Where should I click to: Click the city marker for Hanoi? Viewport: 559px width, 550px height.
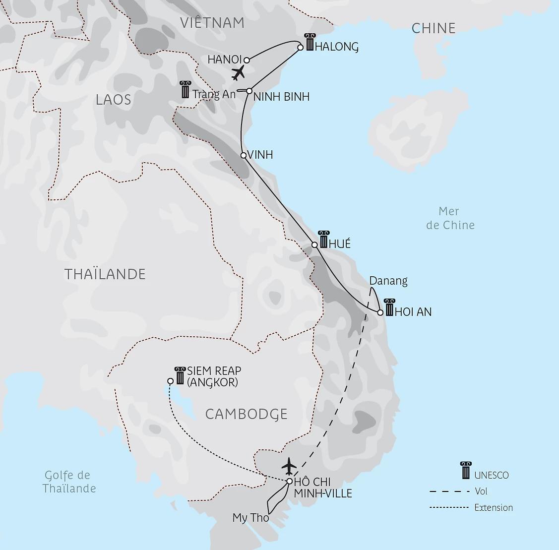click(x=247, y=61)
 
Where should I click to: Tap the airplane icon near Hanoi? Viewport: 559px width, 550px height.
click(x=239, y=73)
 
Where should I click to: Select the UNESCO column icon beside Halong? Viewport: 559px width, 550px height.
click(x=310, y=43)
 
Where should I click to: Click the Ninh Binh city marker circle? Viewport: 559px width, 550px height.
click(x=249, y=91)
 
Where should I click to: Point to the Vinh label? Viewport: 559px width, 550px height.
click(x=260, y=155)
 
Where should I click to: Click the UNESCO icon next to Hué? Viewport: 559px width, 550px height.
click(x=323, y=239)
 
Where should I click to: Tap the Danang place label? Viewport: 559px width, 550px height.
click(x=388, y=281)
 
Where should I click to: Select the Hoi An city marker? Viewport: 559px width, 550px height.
click(x=380, y=312)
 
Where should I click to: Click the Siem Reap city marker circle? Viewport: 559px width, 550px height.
click(x=170, y=381)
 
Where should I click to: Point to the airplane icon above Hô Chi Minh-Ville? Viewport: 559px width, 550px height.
click(x=289, y=466)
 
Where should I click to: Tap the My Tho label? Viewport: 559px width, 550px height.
click(x=250, y=518)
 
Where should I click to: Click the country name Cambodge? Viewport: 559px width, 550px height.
click(x=247, y=414)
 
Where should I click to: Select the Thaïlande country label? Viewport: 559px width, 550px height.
click(x=105, y=274)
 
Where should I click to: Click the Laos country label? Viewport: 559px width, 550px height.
click(x=114, y=100)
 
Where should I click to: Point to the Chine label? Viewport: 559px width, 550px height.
click(x=434, y=28)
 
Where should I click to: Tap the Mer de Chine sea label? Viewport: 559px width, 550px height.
click(x=450, y=218)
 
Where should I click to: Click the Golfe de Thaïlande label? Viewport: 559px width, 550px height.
click(x=68, y=482)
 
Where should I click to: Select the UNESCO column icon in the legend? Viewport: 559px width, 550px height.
click(x=466, y=470)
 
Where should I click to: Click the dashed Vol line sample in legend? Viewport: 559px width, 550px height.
click(x=449, y=491)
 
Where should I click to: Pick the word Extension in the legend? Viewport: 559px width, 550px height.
click(x=494, y=507)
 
